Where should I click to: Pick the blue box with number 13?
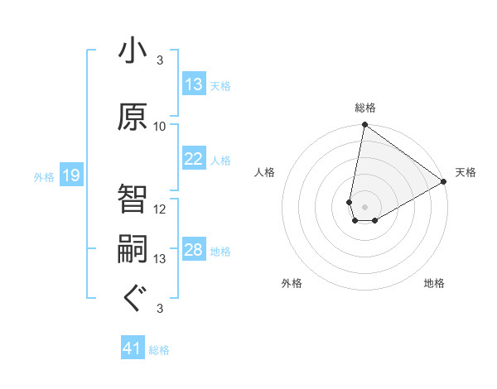click(x=194, y=84)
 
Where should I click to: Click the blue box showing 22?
click(x=194, y=159)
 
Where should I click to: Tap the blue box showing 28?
click(x=194, y=250)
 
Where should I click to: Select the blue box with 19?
click(x=70, y=175)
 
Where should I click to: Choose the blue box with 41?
click(x=133, y=348)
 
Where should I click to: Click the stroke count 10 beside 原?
click(x=160, y=127)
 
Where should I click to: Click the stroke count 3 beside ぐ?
click(x=160, y=309)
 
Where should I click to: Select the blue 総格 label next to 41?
click(x=159, y=350)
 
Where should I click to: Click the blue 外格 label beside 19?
click(x=44, y=176)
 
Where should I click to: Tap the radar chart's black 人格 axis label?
click(x=265, y=172)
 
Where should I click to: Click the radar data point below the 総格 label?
click(x=364, y=125)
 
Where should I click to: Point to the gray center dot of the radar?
click(x=364, y=205)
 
